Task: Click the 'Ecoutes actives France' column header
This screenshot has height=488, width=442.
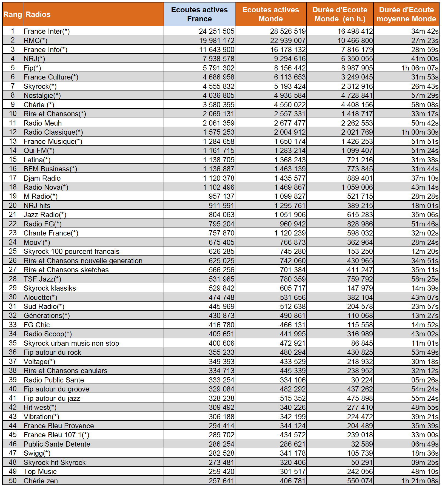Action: pyautogui.click(x=199, y=14)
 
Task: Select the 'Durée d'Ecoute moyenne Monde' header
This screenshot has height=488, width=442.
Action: pyautogui.click(x=406, y=14)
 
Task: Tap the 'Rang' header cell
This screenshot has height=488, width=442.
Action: pyautogui.click(x=13, y=14)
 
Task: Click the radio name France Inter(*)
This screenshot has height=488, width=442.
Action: pyautogui.click(x=47, y=31)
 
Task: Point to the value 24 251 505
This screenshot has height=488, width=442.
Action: pyautogui.click(x=216, y=31)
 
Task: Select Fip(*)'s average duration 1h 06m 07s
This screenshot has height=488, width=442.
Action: pyautogui.click(x=420, y=68)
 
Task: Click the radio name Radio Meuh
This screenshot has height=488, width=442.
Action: pyautogui.click(x=43, y=123)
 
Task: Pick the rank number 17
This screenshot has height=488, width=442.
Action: pyautogui.click(x=13, y=178)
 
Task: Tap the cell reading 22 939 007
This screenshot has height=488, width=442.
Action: pyautogui.click(x=288, y=41)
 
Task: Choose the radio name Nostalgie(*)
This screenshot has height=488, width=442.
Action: pyautogui.click(x=42, y=95)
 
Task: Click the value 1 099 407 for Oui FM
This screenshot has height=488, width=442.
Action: pyautogui.click(x=357, y=151)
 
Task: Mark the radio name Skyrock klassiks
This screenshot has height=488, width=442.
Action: pyautogui.click(x=50, y=288)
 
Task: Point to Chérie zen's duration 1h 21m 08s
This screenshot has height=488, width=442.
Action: pyautogui.click(x=420, y=481)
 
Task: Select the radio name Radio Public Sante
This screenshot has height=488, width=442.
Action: pyautogui.click(x=54, y=380)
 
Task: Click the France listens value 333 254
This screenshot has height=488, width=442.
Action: pyautogui.click(x=221, y=380)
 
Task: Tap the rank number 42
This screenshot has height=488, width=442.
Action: pyautogui.click(x=13, y=407)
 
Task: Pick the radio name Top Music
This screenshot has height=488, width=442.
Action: pyautogui.click(x=40, y=472)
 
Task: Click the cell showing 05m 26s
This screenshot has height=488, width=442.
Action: pyautogui.click(x=425, y=380)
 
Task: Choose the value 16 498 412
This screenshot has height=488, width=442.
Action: pyautogui.click(x=355, y=31)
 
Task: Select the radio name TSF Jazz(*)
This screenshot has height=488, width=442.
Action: pyautogui.click(x=42, y=279)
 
